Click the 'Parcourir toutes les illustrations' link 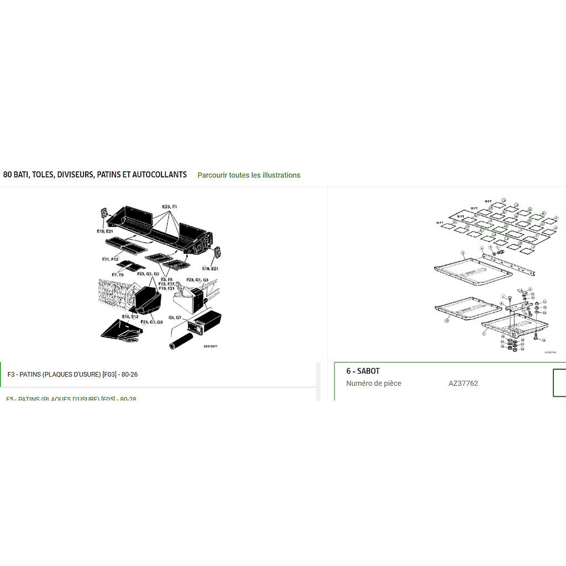click(x=249, y=175)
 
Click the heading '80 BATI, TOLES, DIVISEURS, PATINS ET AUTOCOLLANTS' click(x=95, y=175)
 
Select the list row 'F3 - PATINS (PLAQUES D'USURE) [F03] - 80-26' click(x=72, y=374)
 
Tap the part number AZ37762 click(x=463, y=383)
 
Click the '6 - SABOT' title click(x=363, y=371)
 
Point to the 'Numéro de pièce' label click(x=374, y=383)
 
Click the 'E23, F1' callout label click(x=169, y=207)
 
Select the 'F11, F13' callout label click(x=111, y=259)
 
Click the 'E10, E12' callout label click(x=130, y=317)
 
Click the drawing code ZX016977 click(x=210, y=347)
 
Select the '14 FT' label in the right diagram click(x=441, y=222)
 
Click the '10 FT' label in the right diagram click(x=488, y=201)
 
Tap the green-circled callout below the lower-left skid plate click(x=447, y=320)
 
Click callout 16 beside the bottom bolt click(x=543, y=340)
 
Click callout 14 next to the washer click(x=544, y=313)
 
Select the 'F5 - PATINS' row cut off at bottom click(x=72, y=398)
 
